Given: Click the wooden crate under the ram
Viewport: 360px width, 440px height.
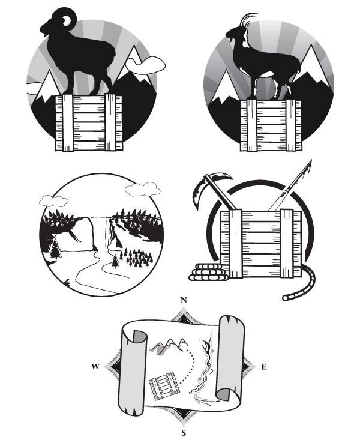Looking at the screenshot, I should pos(89,122).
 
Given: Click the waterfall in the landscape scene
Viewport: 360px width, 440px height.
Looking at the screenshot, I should pos(109,232).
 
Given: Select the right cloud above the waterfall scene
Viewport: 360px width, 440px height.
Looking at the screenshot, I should pos(143,190).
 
